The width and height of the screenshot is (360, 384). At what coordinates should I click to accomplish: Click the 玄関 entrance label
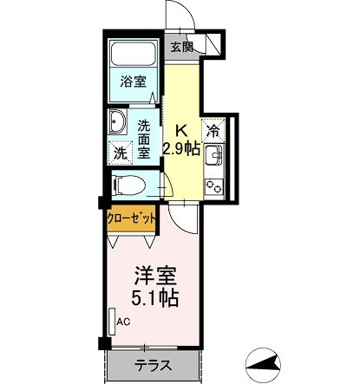coord(181,48)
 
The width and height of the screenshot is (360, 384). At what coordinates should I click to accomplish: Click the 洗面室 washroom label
coord(145,137)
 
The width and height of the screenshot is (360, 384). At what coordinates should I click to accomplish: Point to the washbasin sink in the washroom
coord(117,121)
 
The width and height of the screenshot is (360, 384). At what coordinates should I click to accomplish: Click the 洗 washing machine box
coord(120,153)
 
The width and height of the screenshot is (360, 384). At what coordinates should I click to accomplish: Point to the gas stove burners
coord(213,185)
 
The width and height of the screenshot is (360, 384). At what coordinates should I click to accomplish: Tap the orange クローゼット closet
coord(132,218)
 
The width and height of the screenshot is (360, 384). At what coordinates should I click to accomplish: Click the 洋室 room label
coord(155,278)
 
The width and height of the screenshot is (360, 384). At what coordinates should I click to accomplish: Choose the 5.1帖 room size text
coord(155,300)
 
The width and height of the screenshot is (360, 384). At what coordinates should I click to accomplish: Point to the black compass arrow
coord(264,362)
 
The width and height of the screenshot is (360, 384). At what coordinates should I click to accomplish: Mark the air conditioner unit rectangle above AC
coord(112,321)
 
